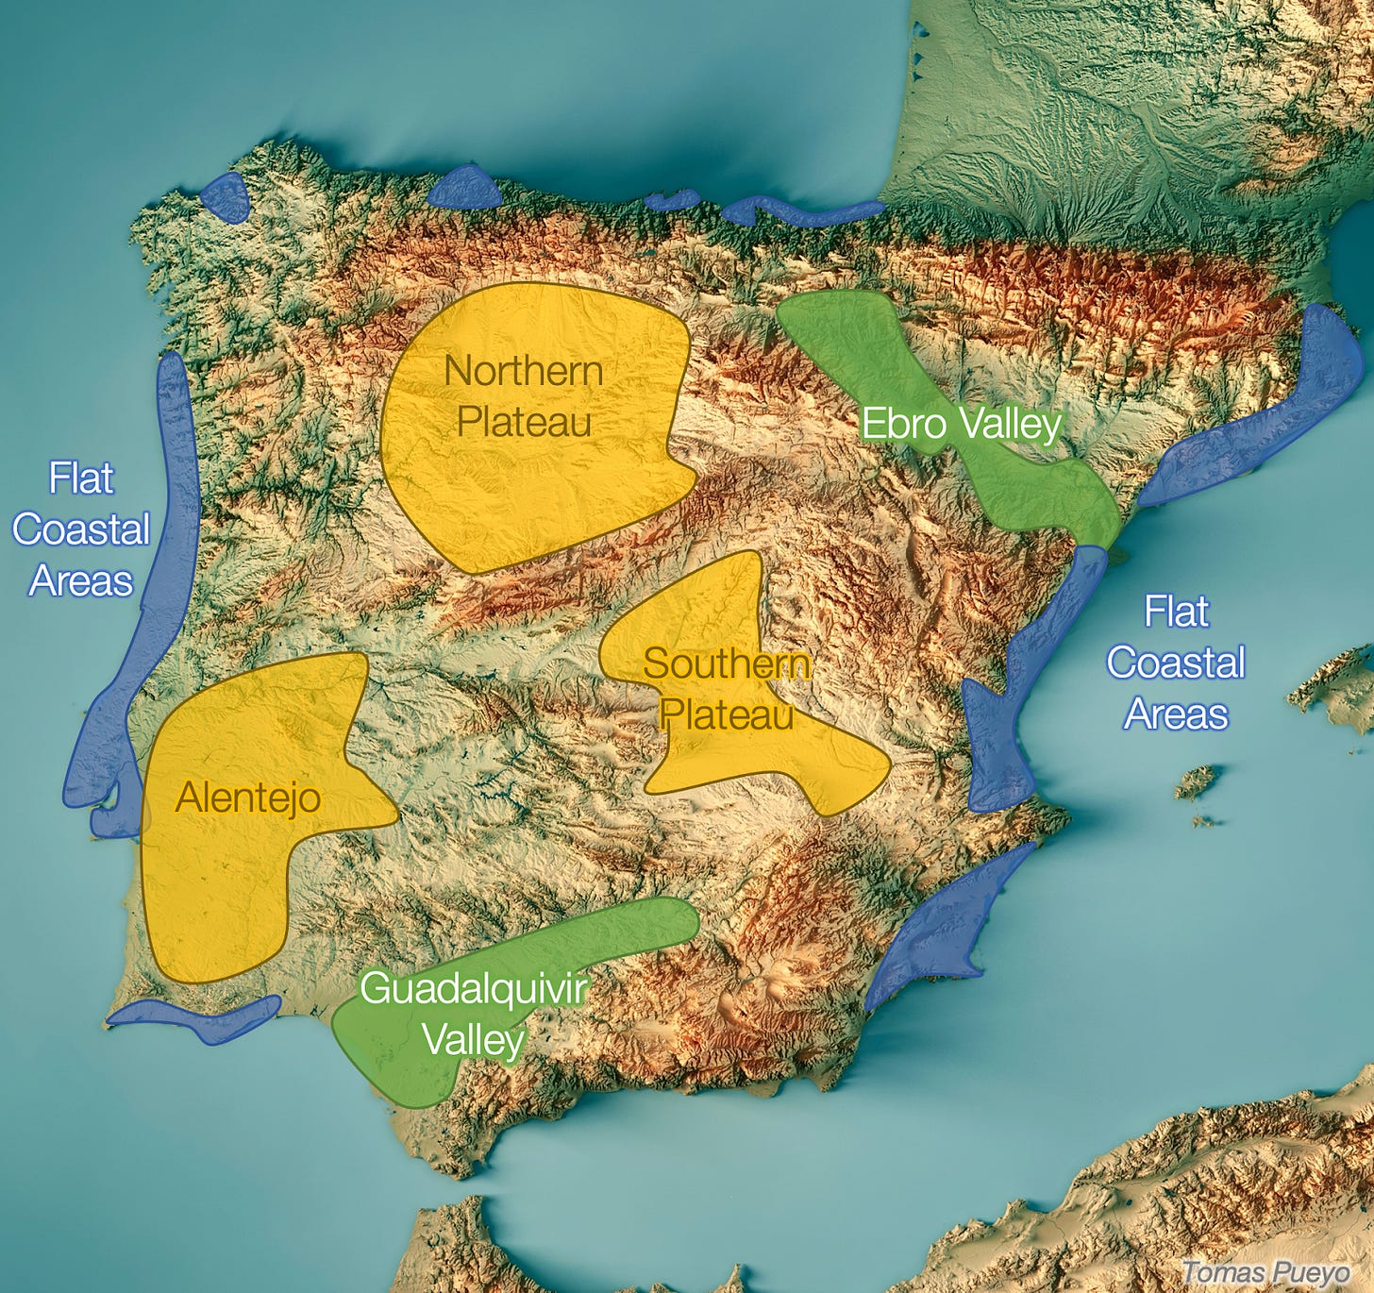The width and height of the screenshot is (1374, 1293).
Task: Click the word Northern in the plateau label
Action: [524, 371]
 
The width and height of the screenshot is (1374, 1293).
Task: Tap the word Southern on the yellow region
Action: [726, 663]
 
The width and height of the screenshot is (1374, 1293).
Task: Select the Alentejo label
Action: [248, 798]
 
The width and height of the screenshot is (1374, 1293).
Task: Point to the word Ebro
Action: [903, 424]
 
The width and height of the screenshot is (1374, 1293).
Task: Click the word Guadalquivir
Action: [474, 989]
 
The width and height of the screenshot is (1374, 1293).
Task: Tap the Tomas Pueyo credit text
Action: [1265, 1272]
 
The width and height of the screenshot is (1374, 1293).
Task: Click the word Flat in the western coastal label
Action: [81, 479]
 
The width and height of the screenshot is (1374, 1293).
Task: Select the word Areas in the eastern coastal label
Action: [1176, 714]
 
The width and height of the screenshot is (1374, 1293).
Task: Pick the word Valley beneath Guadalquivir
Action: [473, 1040]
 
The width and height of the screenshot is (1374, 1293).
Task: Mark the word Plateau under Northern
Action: [524, 422]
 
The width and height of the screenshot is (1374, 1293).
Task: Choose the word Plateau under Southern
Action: [726, 714]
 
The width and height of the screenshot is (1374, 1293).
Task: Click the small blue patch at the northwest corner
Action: [225, 197]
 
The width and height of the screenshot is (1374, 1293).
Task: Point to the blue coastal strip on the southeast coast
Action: [944, 925]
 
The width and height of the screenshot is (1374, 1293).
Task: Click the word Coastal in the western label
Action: [81, 529]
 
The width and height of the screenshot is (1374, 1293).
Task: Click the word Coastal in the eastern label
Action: [1176, 663]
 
